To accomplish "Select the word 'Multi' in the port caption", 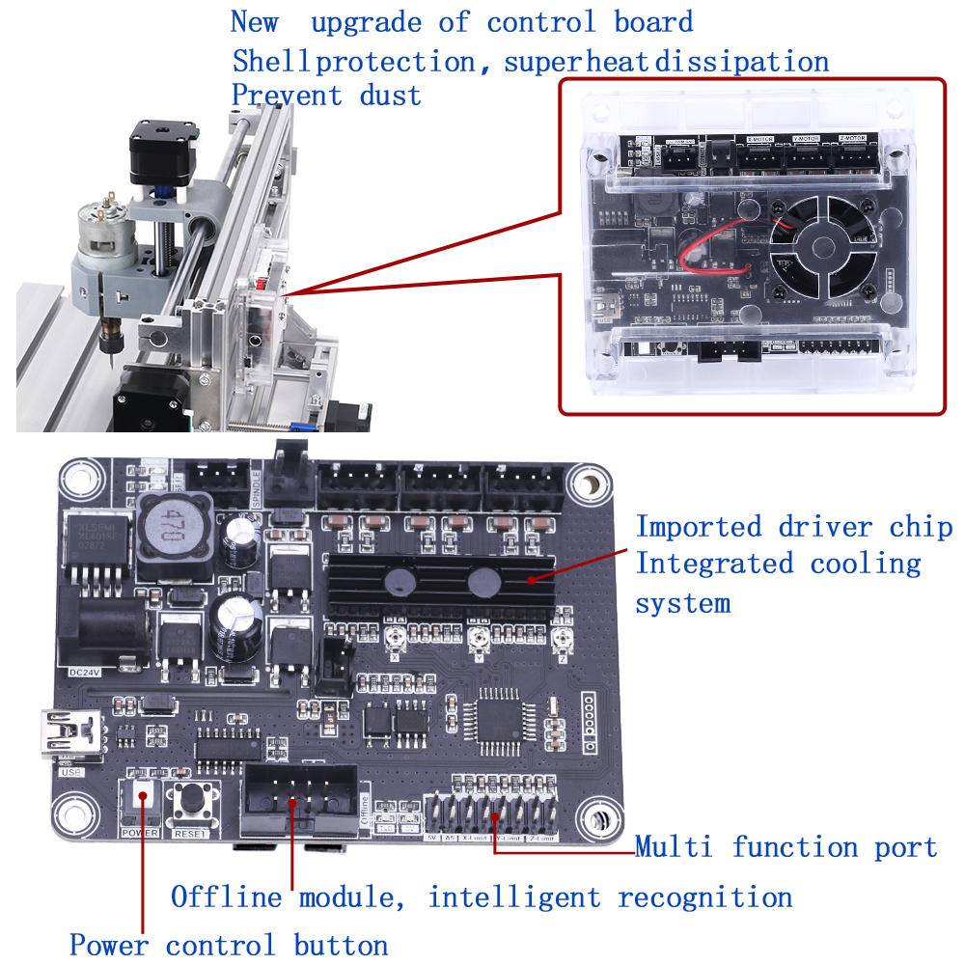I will coord(674,847).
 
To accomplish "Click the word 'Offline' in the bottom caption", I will coord(227,897).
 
